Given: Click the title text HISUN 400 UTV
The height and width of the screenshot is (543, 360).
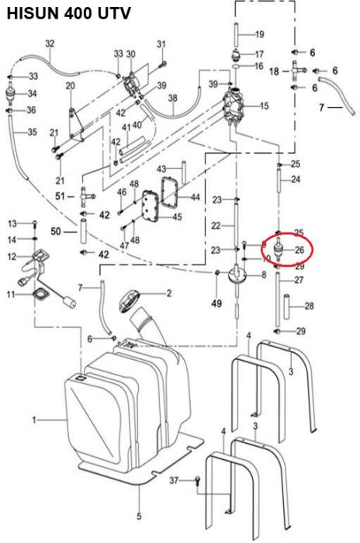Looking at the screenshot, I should (x=68, y=13).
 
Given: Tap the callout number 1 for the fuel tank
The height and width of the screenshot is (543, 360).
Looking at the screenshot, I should (x=33, y=420).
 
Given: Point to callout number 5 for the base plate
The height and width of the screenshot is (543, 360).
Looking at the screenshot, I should (x=139, y=517).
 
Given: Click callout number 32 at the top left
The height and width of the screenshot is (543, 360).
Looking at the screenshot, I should (x=50, y=43).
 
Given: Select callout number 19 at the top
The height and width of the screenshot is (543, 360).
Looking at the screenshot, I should (x=259, y=33).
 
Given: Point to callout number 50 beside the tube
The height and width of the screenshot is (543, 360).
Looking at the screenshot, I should (x=55, y=231).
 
